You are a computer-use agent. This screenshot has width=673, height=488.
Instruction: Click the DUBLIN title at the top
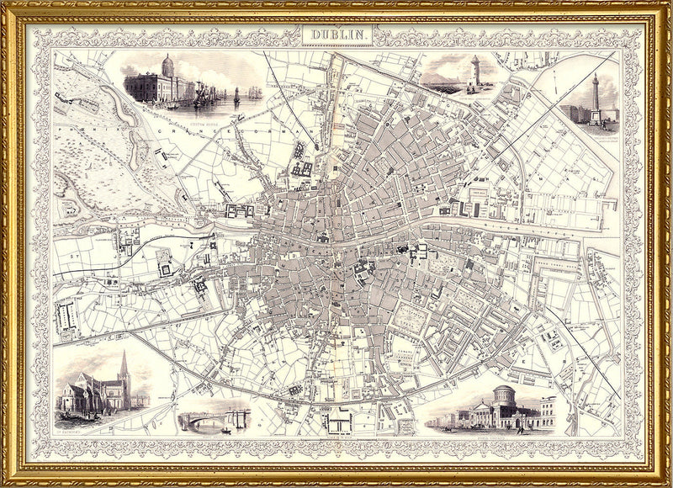(x=336, y=34)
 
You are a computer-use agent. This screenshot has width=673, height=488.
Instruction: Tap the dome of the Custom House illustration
(x=167, y=64)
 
